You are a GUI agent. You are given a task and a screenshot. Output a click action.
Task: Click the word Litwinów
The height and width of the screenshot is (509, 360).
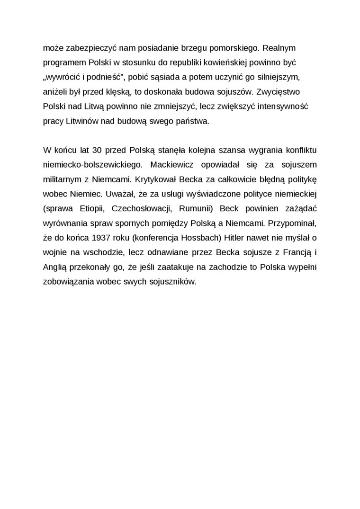[x=80, y=121]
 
